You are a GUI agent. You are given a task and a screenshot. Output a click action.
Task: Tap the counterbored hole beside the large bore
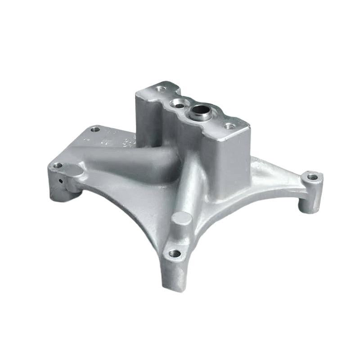[x=179, y=105]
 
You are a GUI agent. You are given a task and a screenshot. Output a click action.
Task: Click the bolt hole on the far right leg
[x=312, y=177]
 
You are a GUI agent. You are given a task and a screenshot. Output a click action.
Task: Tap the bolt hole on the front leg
[x=175, y=254]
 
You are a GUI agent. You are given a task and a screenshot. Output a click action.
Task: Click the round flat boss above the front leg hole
[x=181, y=220]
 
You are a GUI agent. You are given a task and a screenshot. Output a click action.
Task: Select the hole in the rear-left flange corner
[x=95, y=130]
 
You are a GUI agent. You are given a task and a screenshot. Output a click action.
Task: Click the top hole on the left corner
[x=58, y=165]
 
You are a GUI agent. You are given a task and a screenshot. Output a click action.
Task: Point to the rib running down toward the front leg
[x=189, y=184]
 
